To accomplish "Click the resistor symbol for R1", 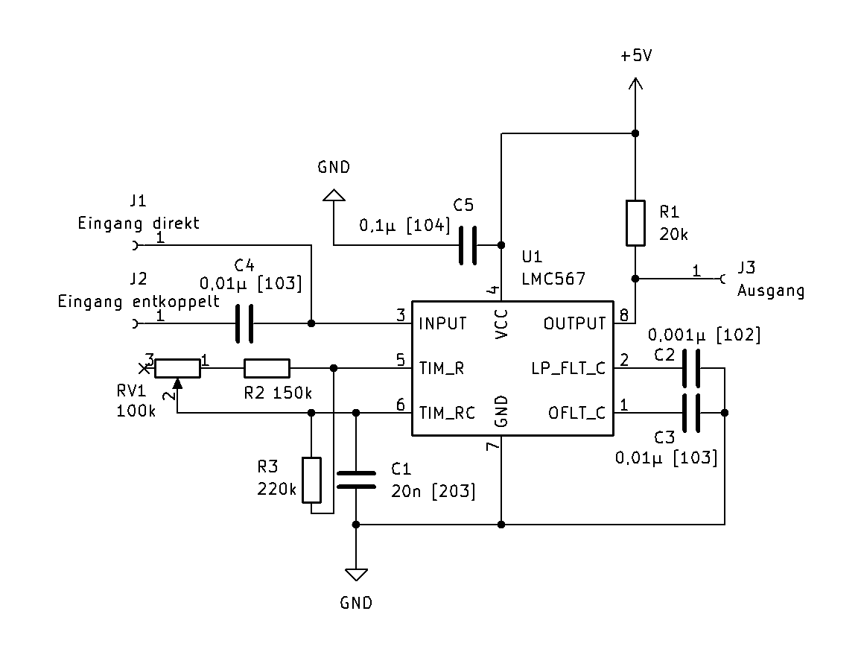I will click(635, 223).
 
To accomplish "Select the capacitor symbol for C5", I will click(468, 245).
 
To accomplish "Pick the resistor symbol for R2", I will click(267, 368).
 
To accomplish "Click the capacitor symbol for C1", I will click(356, 479).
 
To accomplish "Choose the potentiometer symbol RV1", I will click(177, 368).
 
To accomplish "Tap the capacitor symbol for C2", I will click(691, 368).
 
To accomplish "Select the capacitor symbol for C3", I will click(691, 413).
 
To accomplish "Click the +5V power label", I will click(635, 57).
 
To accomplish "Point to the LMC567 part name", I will click(553, 279).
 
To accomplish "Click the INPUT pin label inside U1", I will click(442, 324).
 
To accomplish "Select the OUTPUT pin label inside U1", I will click(574, 324).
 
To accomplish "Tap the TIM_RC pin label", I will click(447, 413).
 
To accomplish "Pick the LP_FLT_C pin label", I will click(568, 368).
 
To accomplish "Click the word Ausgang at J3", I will click(771, 291).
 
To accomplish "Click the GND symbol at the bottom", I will click(356, 575).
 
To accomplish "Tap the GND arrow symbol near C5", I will click(334, 195).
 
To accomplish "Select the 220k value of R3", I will click(277, 490).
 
